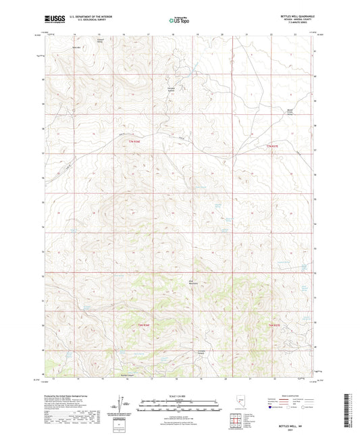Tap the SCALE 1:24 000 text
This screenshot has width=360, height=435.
(180, 395)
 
